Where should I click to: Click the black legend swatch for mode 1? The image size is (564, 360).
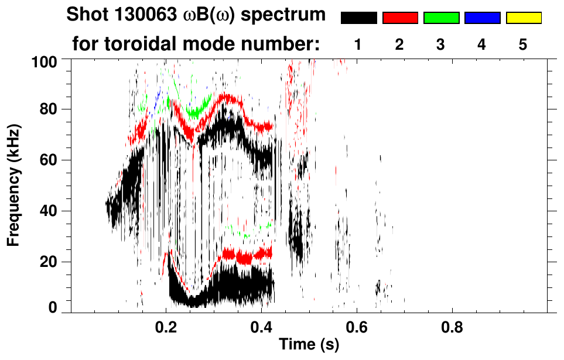(x=358, y=18)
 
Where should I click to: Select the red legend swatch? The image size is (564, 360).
(x=400, y=18)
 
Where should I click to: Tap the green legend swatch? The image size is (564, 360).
(x=441, y=18)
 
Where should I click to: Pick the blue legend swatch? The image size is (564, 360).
(x=482, y=18)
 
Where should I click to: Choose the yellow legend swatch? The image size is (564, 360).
(x=523, y=18)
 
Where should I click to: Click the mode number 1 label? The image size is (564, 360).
(x=358, y=44)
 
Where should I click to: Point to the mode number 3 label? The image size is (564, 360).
(x=441, y=44)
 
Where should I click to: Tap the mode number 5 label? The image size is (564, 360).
(x=523, y=44)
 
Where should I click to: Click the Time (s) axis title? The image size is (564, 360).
(x=308, y=345)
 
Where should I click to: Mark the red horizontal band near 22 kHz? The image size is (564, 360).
(x=246, y=255)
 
